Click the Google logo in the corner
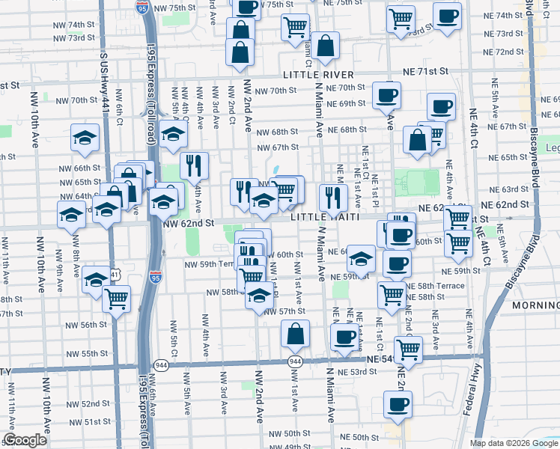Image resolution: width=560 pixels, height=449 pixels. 25,440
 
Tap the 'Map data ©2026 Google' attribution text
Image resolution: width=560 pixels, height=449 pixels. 513,443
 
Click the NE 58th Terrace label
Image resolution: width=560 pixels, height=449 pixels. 439,286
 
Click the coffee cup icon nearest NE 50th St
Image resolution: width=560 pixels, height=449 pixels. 397,405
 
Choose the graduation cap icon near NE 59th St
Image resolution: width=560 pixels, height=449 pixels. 361,260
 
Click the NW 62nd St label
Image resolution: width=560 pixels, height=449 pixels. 188,222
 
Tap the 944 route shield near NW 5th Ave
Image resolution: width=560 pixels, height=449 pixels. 161,364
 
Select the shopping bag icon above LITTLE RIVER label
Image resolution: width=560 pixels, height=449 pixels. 326,46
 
